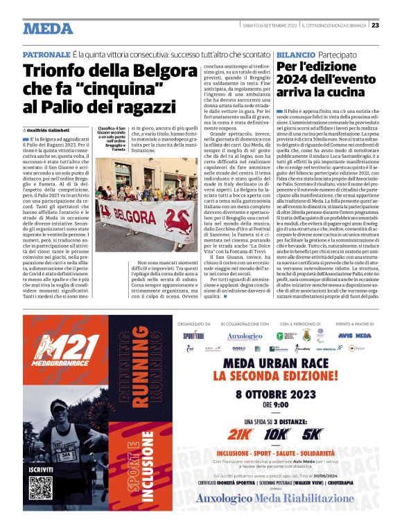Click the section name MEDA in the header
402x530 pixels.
coord(48,28)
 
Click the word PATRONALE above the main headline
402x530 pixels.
coord(46,54)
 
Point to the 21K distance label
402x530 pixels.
coord(241,434)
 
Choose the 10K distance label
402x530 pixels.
coord(277,434)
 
